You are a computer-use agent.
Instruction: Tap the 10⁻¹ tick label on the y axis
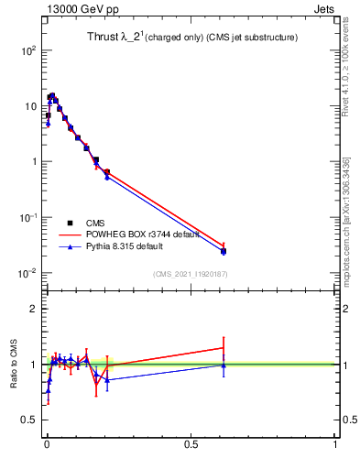point(27,217)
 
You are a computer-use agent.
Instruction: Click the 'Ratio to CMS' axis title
point(15,365)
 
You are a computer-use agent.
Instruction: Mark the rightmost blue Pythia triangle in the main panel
point(224,252)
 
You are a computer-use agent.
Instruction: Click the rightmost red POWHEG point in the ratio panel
point(224,347)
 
